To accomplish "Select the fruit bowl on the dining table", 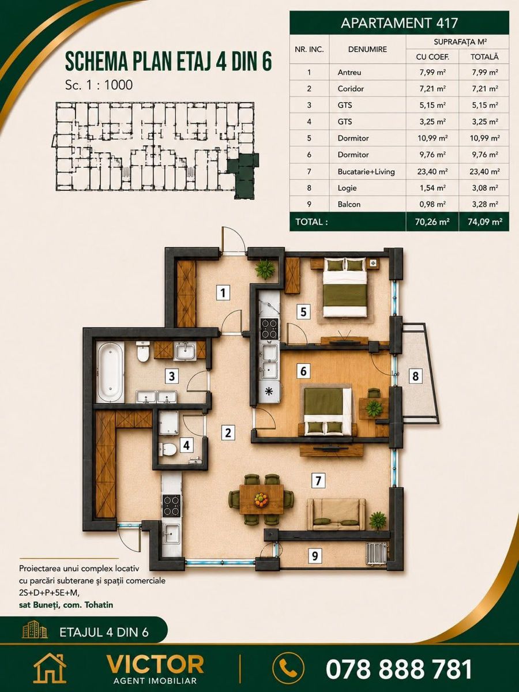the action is (261, 500).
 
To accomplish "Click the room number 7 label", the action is (318, 482).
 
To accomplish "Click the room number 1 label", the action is (223, 292).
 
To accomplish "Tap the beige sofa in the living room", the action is (336, 514).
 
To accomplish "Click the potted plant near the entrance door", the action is (265, 269).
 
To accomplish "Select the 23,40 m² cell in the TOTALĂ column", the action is (484, 171).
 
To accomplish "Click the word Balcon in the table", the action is (349, 204).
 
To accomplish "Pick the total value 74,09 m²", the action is (484, 221).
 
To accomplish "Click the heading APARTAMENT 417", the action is (399, 23).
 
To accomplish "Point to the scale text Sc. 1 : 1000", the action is (99, 85).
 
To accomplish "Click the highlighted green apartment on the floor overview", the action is (243, 175).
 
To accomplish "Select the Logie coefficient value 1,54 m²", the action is (432, 188).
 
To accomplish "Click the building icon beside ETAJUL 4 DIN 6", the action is (35, 629).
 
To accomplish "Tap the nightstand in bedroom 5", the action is (374, 262).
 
